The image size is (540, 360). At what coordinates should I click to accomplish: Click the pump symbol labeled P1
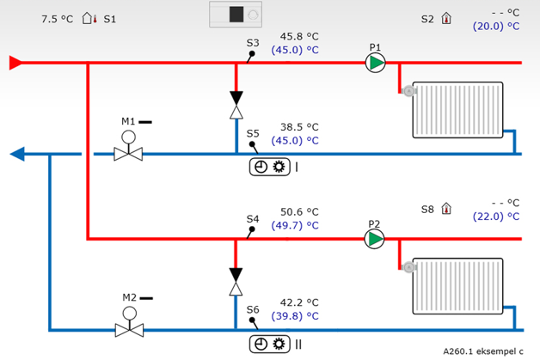pyautogui.click(x=375, y=63)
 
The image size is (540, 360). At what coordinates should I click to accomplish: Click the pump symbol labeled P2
pyautogui.click(x=375, y=238)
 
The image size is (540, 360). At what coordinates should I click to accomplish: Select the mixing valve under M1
pyautogui.click(x=129, y=155)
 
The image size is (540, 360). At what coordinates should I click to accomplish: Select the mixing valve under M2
pyautogui.click(x=129, y=330)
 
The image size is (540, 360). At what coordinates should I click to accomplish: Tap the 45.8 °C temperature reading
pyautogui.click(x=299, y=37)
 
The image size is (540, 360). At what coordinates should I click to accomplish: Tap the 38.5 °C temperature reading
pyautogui.click(x=299, y=126)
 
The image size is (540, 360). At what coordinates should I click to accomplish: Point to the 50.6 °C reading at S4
pyautogui.click(x=299, y=211)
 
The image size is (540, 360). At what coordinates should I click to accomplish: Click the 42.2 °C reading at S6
pyautogui.click(x=299, y=302)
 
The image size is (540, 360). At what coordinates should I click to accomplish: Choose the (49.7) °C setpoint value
pyautogui.click(x=295, y=225)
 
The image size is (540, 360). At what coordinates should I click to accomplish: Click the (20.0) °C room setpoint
pyautogui.click(x=496, y=27)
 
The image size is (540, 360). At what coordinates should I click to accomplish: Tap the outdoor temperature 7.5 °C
pyautogui.click(x=57, y=18)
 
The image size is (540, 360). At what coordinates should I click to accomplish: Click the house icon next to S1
pyautogui.click(x=89, y=18)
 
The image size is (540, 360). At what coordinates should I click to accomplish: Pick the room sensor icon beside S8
pyautogui.click(x=446, y=209)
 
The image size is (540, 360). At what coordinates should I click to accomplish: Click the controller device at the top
pyautogui.click(x=240, y=15)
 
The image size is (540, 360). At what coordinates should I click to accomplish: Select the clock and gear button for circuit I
pyautogui.click(x=269, y=167)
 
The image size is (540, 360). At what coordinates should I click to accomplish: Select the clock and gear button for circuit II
pyautogui.click(x=269, y=344)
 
